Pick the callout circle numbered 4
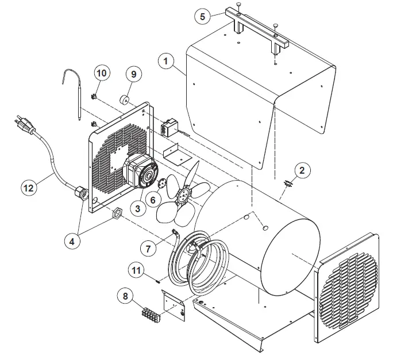coord(72,242)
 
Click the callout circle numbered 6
coord(152,199)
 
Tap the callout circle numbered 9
coord(133,74)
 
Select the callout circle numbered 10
coord(102,73)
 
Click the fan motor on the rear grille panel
coord(140,170)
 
